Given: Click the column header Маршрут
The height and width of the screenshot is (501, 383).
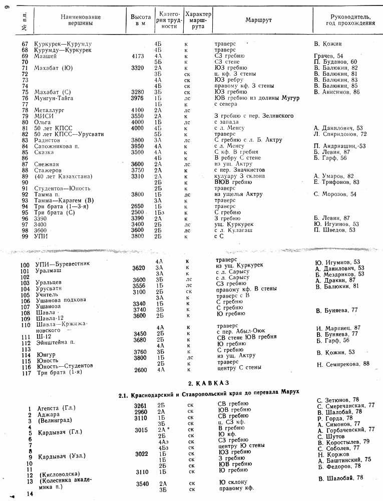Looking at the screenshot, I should coord(258,20).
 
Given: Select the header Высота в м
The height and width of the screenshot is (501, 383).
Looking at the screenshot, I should coord(140,20).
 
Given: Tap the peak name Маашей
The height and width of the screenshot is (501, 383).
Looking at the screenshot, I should coord(45,56).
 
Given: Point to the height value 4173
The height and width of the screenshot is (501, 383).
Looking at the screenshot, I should coord(138,56).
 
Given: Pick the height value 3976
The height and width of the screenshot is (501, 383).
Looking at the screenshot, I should coord(138,98).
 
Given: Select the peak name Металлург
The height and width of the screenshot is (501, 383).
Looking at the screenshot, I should coord(49,110).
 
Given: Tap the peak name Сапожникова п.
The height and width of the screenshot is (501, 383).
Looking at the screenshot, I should coord(57,146).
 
